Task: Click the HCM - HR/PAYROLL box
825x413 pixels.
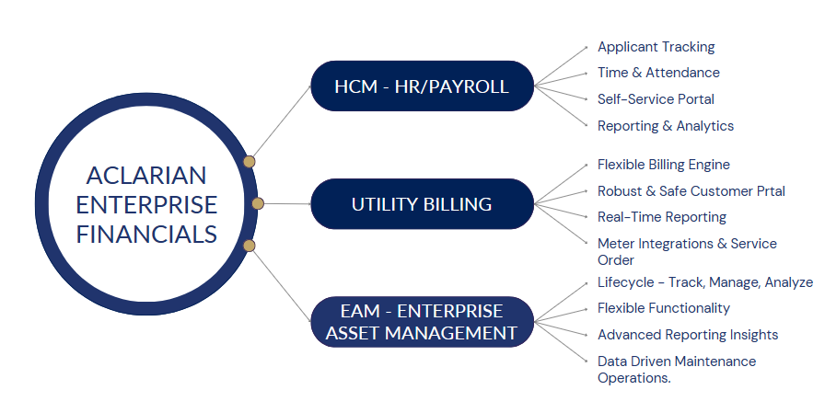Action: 422,86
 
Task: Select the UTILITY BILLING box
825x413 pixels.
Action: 422,204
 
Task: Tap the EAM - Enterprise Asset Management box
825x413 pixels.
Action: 422,322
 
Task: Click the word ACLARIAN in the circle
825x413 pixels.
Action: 146,176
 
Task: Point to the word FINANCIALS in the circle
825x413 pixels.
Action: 146,234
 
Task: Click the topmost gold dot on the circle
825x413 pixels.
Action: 250,161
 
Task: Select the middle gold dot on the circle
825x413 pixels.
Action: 258,203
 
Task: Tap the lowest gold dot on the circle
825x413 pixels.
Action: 250,246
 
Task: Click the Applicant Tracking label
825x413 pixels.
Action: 657,47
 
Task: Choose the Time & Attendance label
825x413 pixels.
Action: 658,73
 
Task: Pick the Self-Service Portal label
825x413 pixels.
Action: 656,98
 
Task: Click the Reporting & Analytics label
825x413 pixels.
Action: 666,126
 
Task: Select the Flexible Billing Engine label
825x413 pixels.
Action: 664,165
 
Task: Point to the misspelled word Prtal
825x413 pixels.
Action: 771,191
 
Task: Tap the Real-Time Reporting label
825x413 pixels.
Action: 662,217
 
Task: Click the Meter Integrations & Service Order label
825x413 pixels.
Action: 687,252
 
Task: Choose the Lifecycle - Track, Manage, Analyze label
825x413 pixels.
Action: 705,282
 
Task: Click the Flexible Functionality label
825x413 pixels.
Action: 664,308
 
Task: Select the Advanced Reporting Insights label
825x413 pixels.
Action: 688,335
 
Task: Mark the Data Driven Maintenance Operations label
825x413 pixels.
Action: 677,370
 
